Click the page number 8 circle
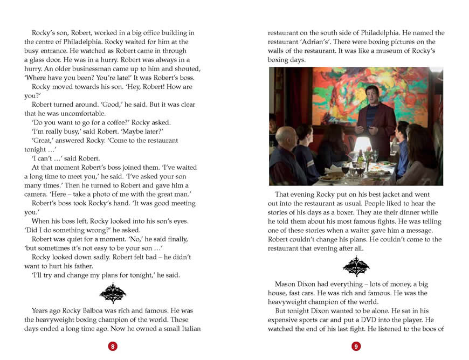(x=113, y=347)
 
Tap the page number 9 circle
(x=356, y=347)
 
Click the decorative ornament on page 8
(x=113, y=293)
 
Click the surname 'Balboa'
(x=115, y=311)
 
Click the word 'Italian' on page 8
(x=188, y=329)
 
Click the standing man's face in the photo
(x=372, y=98)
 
